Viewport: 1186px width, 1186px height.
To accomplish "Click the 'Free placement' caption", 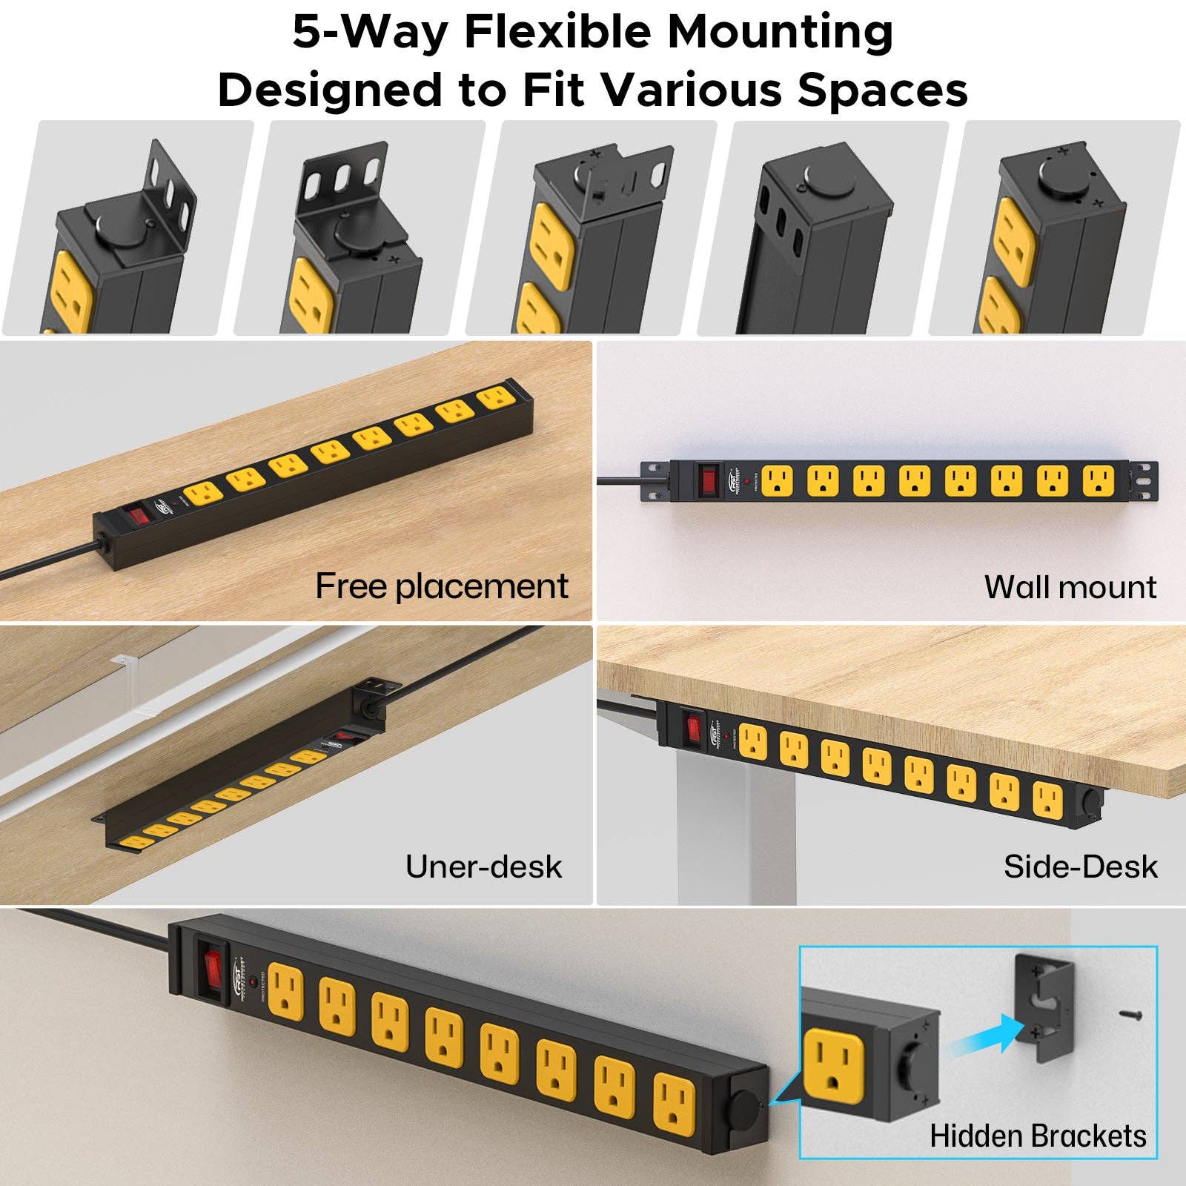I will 442,586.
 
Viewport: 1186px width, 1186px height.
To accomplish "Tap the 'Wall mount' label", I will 1070,587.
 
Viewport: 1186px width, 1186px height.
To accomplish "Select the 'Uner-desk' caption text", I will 483,867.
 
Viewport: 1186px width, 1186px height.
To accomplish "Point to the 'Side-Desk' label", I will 1080,867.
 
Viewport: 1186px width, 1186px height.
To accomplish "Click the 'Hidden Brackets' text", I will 1038,1136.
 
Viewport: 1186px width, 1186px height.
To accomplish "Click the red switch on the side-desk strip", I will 694,727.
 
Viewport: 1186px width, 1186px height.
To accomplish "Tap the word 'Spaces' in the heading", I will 882,90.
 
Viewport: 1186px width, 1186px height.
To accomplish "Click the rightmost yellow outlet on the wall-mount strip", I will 1098,480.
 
